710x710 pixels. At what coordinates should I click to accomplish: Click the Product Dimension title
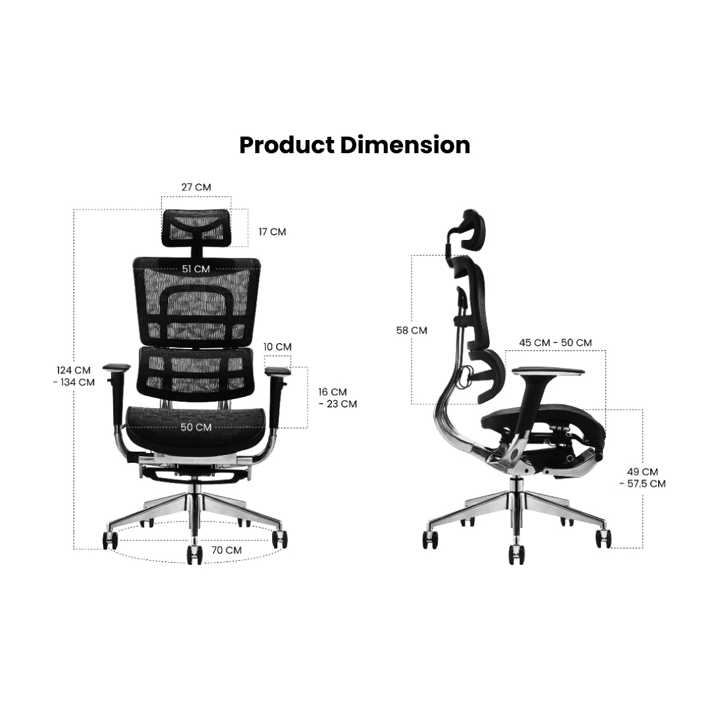[x=354, y=145]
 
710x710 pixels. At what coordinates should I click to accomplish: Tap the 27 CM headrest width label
[x=196, y=187]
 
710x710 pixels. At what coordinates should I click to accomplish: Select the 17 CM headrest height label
[x=272, y=232]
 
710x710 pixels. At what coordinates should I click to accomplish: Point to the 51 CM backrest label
[x=196, y=269]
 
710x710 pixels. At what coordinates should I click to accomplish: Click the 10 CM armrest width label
[x=277, y=346]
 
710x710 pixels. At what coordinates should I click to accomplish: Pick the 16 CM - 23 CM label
[x=337, y=398]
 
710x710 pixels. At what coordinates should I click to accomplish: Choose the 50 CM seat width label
[x=196, y=427]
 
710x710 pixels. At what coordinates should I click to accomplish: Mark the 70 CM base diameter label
[x=226, y=550]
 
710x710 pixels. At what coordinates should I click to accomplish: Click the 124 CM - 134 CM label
[x=73, y=376]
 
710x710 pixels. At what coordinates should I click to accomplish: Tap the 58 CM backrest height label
[x=411, y=330]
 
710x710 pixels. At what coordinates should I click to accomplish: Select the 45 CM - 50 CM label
[x=555, y=343]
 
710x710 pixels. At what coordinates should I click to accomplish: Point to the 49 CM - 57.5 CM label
[x=642, y=477]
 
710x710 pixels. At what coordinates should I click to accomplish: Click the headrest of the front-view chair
[x=197, y=227]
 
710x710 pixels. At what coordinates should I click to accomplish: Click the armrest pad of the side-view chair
[x=548, y=371]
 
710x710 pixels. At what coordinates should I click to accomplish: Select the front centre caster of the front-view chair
[x=195, y=554]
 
